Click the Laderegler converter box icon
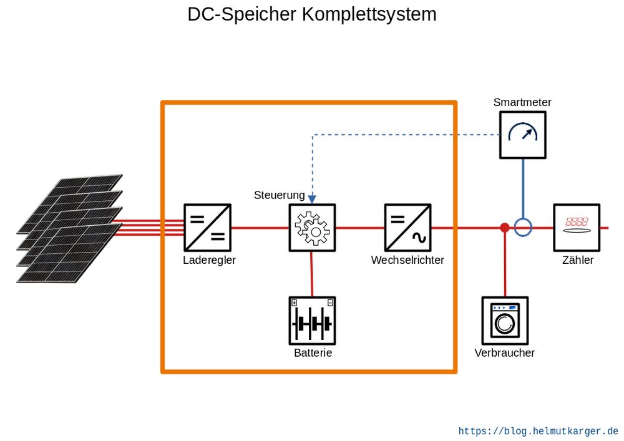point(208,228)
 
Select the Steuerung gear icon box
point(312,228)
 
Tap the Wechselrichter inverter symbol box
point(407,228)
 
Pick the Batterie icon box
point(312,321)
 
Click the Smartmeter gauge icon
point(522,134)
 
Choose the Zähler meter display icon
point(577,228)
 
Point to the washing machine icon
point(505,321)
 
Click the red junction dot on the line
point(505,228)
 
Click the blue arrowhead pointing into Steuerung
point(312,199)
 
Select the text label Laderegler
point(209,261)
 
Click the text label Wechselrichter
point(407,261)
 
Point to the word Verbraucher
point(504,353)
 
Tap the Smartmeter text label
point(522,102)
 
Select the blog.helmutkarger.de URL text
point(538,431)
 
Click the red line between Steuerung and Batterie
point(312,274)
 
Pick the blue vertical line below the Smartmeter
point(523,187)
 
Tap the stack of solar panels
point(69,228)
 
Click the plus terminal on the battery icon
point(294,303)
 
